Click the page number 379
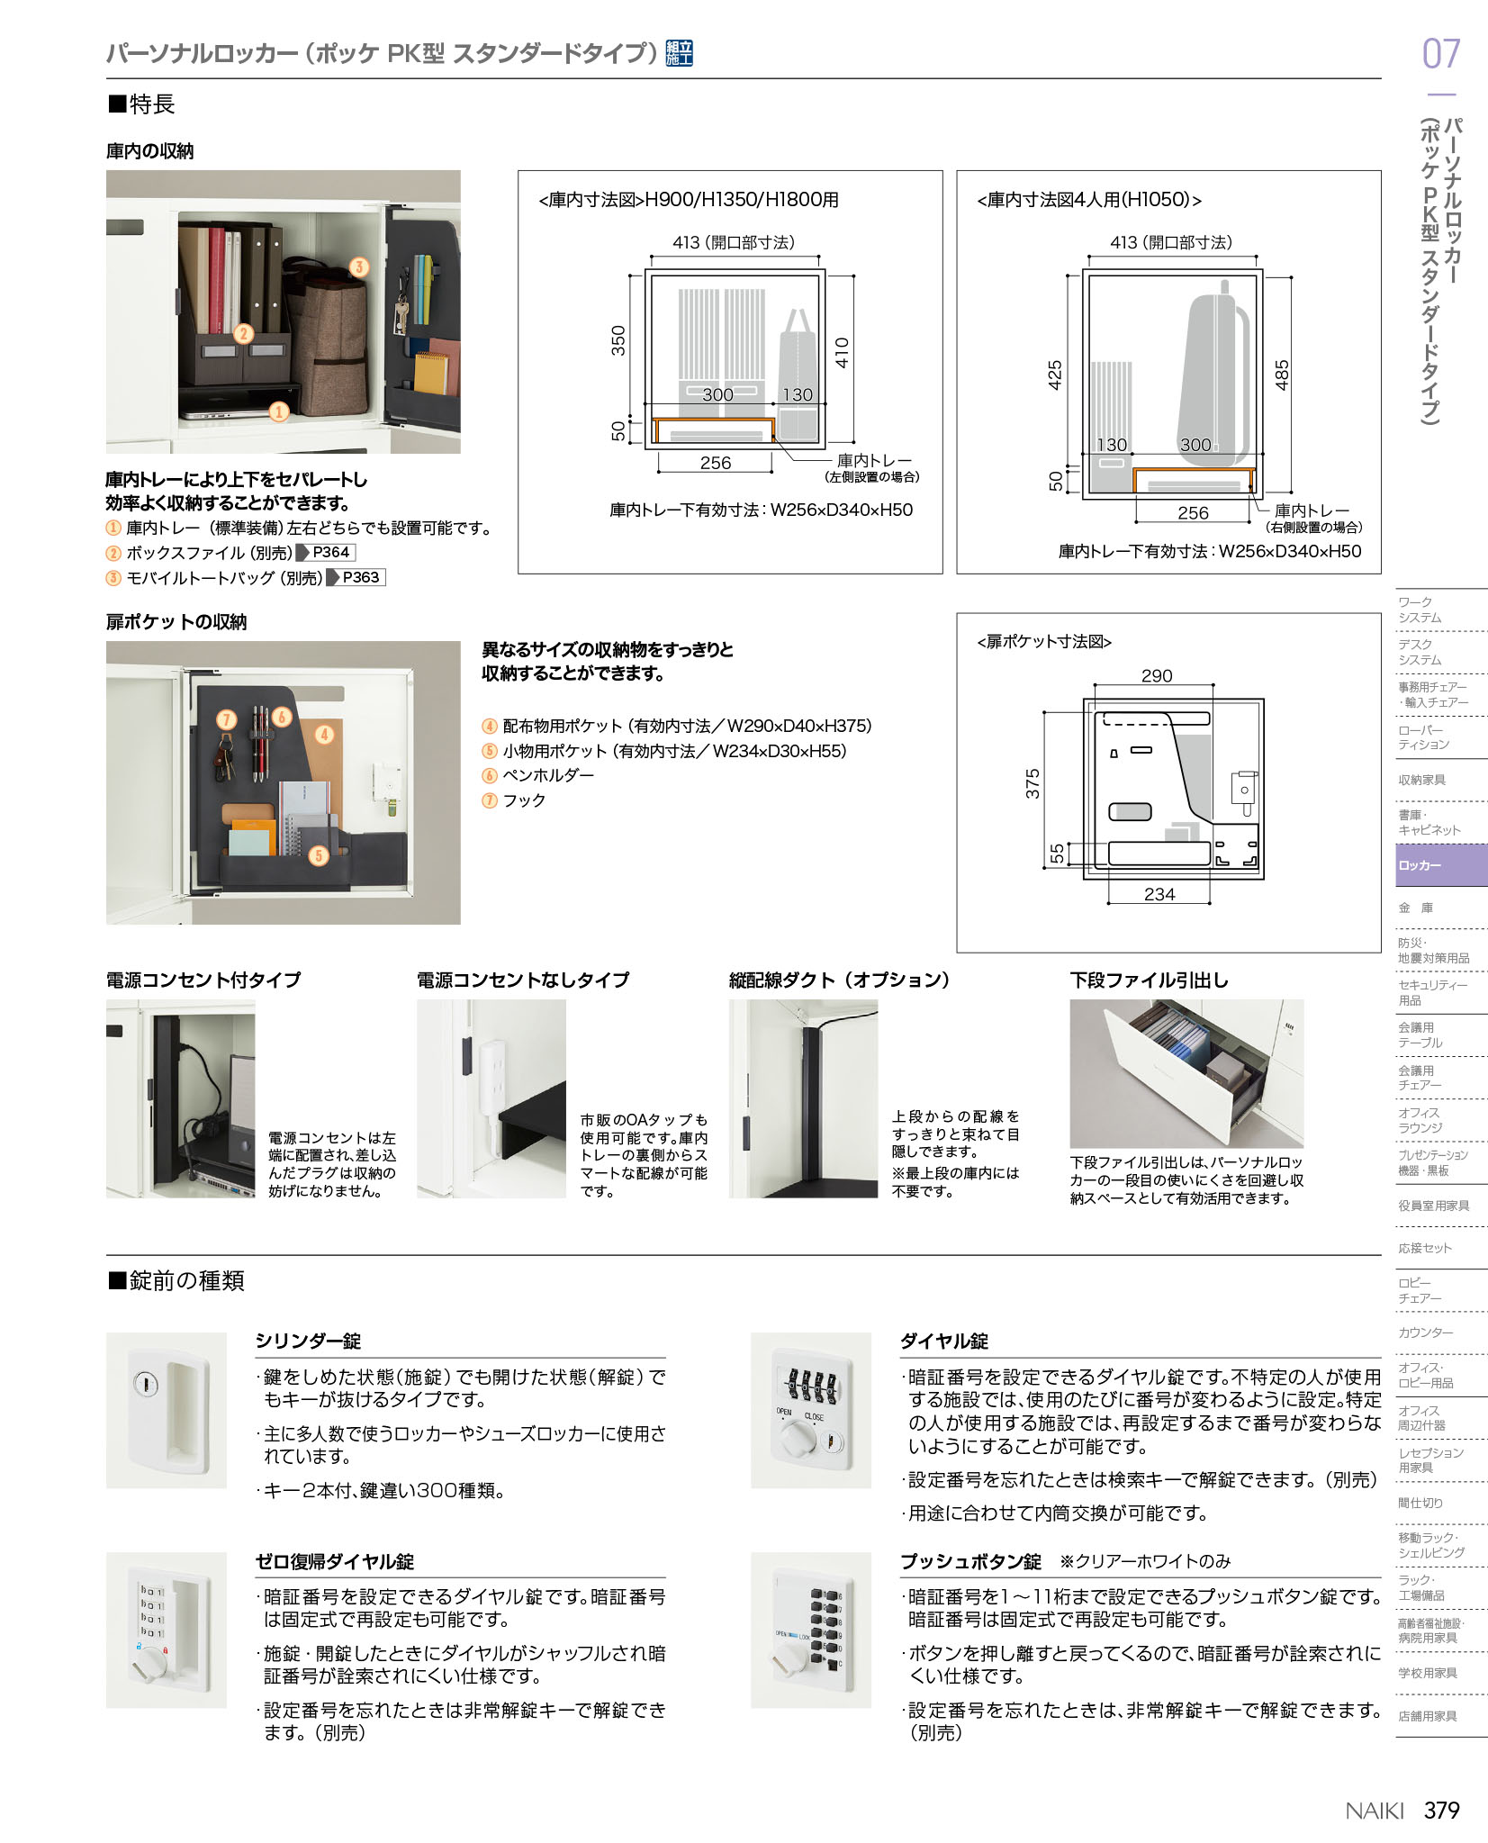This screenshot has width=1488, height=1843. click(x=1441, y=1810)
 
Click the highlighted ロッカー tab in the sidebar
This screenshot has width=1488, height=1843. click(x=1441, y=865)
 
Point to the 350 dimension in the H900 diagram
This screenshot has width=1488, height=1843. click(x=618, y=340)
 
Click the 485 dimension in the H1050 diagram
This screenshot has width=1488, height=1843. click(x=1282, y=375)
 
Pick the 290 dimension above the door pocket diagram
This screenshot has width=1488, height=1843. click(x=1157, y=675)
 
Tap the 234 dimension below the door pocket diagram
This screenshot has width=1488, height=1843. click(x=1159, y=894)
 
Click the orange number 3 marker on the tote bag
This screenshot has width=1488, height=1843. click(x=359, y=267)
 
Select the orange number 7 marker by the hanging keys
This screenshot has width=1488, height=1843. click(x=226, y=719)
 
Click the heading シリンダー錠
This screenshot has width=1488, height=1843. click(x=308, y=1341)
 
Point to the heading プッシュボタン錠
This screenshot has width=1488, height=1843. click(x=970, y=1561)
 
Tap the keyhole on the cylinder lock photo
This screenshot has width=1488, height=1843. click(x=146, y=1384)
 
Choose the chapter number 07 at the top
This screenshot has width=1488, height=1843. click(x=1440, y=54)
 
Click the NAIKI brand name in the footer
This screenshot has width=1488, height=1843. click(x=1375, y=1811)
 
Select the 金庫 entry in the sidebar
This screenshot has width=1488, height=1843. click(x=1415, y=908)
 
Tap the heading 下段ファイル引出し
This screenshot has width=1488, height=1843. click(x=1149, y=980)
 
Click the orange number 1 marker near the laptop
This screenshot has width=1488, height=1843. click(x=279, y=411)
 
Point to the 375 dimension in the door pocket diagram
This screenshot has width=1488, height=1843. click(x=1033, y=783)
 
